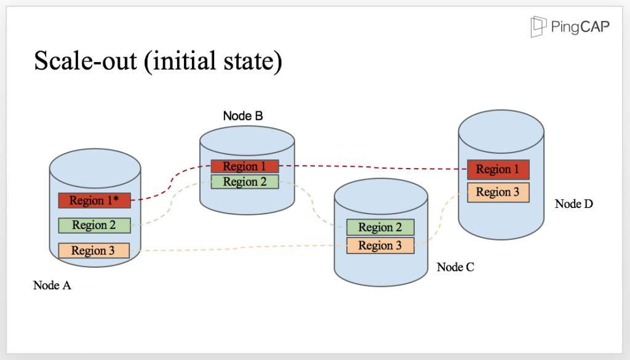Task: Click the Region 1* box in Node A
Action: click(95, 201)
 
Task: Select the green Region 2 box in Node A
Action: click(95, 225)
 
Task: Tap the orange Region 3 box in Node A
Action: click(94, 250)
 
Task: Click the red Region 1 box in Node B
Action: click(245, 166)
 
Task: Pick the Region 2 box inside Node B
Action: click(245, 182)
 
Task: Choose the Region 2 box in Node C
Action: click(380, 227)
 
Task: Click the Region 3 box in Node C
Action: click(380, 246)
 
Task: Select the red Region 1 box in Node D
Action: click(498, 169)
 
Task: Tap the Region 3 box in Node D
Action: click(498, 192)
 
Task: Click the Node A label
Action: click(52, 286)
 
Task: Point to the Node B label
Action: click(243, 116)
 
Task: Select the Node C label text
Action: click(456, 267)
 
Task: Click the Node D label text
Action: click(573, 204)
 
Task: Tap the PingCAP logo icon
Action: click(539, 26)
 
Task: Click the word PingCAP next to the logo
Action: click(580, 27)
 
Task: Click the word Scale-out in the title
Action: click(86, 62)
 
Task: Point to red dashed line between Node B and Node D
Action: click(369, 167)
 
